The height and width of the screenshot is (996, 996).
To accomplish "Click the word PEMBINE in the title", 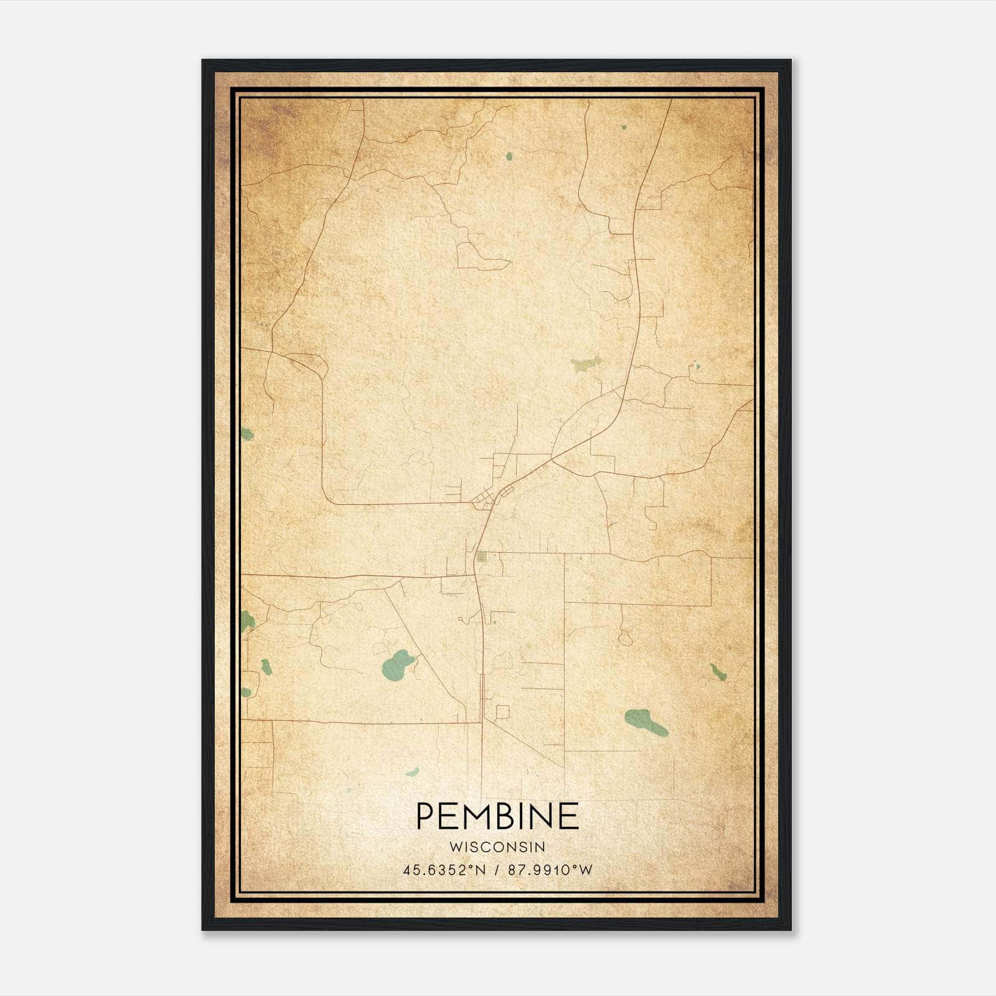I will (x=497, y=817).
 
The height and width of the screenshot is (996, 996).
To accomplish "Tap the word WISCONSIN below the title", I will (x=497, y=847).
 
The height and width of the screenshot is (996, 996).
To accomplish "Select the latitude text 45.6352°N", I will (x=443, y=870).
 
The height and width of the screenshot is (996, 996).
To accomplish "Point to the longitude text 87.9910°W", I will (x=550, y=870).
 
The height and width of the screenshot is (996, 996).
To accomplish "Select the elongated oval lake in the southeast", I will (x=646, y=721).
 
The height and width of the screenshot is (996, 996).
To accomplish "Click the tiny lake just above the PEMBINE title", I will (x=413, y=773).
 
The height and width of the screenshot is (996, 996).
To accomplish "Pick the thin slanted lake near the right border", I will (x=718, y=672).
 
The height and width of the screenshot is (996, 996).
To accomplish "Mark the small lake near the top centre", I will (x=509, y=156).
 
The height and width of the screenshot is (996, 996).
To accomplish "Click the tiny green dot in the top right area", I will (x=624, y=127).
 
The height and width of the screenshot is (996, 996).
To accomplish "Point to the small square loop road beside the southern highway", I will (x=502, y=712).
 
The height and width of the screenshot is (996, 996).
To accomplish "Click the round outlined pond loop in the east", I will (x=625, y=638).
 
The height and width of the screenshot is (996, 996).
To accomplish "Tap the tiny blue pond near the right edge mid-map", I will (x=696, y=367).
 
